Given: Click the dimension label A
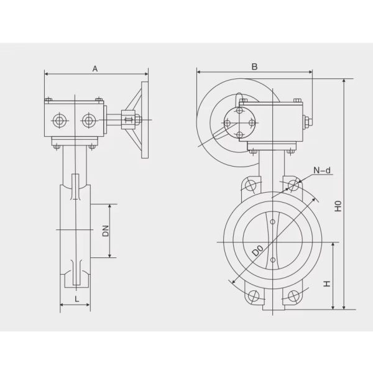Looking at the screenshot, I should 95,68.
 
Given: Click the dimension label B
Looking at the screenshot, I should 254,66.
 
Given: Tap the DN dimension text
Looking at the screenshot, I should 106,231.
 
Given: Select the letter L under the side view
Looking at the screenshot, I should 76,299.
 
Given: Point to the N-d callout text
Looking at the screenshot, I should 323,169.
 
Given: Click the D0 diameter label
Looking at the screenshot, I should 256,252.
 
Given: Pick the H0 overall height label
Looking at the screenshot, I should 338,206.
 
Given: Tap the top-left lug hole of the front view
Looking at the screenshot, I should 251,185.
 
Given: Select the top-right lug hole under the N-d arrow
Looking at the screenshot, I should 293,185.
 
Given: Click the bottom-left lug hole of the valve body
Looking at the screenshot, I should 253,296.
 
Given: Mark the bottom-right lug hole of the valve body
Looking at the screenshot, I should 294,296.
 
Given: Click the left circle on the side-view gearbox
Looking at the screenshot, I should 59,120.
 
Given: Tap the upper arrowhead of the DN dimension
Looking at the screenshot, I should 111,206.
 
